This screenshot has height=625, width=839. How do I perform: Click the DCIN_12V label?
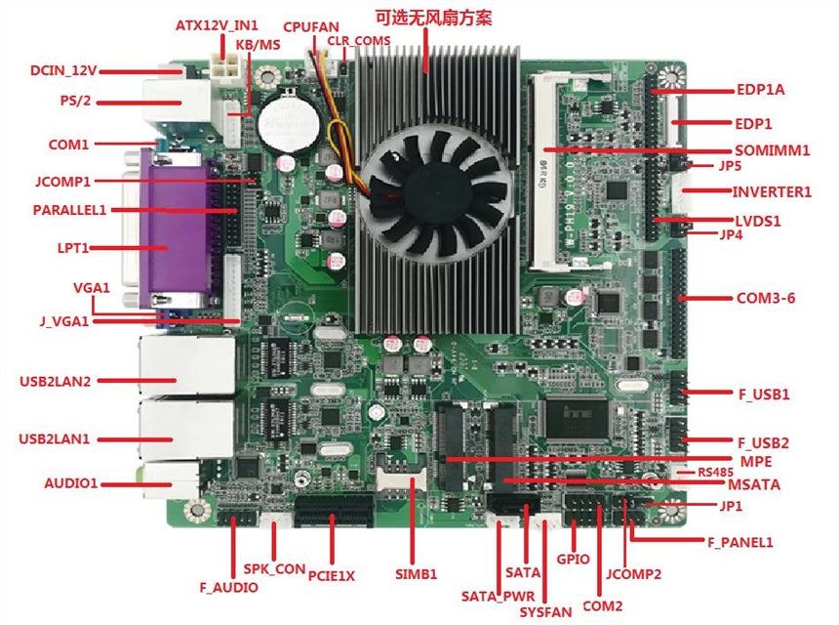(x=63, y=70)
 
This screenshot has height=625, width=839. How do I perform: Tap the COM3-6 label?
(x=765, y=297)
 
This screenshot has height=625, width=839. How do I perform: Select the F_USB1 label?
(x=764, y=395)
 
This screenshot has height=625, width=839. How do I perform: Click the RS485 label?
(x=716, y=471)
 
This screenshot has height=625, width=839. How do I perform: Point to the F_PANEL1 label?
(x=746, y=541)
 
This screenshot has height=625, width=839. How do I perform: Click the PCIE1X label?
(x=332, y=575)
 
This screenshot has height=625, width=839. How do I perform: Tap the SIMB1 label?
(x=416, y=573)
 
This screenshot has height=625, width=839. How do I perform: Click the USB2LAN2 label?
(x=55, y=381)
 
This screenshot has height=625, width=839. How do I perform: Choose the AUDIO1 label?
(x=71, y=483)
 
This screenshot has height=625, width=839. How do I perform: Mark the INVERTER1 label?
(x=772, y=191)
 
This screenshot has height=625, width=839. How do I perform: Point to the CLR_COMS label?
(x=359, y=41)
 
